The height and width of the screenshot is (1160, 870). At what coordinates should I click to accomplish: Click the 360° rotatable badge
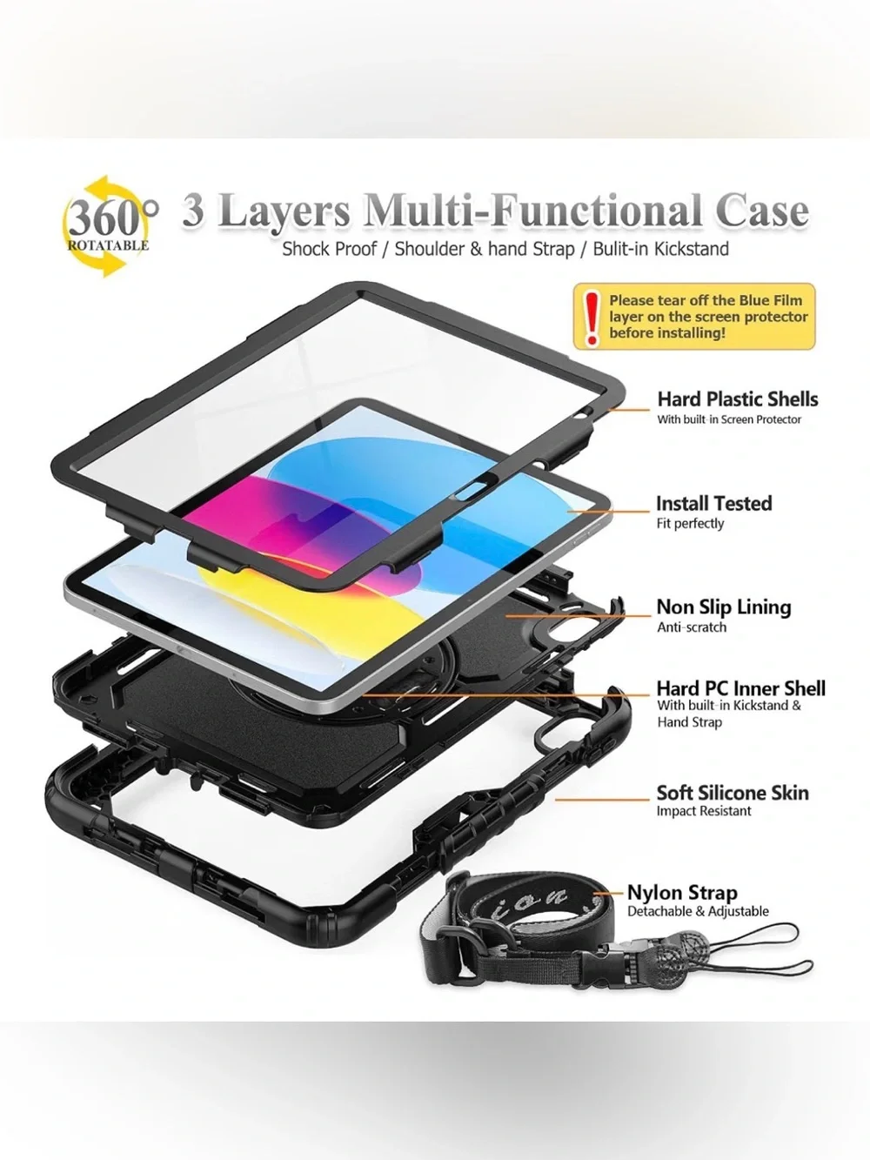(x=110, y=227)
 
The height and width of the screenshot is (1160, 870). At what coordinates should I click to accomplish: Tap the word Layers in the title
(x=283, y=211)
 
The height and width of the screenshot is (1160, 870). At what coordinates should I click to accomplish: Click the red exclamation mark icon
(x=592, y=318)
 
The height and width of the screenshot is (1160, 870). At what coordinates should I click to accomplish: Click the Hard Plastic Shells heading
(x=738, y=399)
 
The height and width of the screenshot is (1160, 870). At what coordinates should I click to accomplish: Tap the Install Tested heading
(x=713, y=503)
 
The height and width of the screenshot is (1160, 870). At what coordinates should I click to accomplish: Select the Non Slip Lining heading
(x=724, y=607)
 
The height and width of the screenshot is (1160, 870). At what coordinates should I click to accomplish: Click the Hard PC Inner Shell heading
(x=740, y=688)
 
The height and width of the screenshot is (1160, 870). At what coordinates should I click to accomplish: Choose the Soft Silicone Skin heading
(x=733, y=793)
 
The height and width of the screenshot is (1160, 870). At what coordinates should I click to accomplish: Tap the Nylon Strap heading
(x=682, y=893)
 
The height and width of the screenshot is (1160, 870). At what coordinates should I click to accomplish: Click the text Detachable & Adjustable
(x=698, y=912)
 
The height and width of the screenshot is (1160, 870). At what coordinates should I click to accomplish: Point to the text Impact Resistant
(x=704, y=811)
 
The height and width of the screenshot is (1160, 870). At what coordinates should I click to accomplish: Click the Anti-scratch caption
(x=692, y=627)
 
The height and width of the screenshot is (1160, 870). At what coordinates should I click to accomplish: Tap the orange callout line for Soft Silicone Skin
(x=602, y=800)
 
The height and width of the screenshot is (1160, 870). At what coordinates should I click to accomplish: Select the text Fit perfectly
(x=690, y=524)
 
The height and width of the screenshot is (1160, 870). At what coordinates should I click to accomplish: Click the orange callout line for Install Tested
(x=608, y=511)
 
